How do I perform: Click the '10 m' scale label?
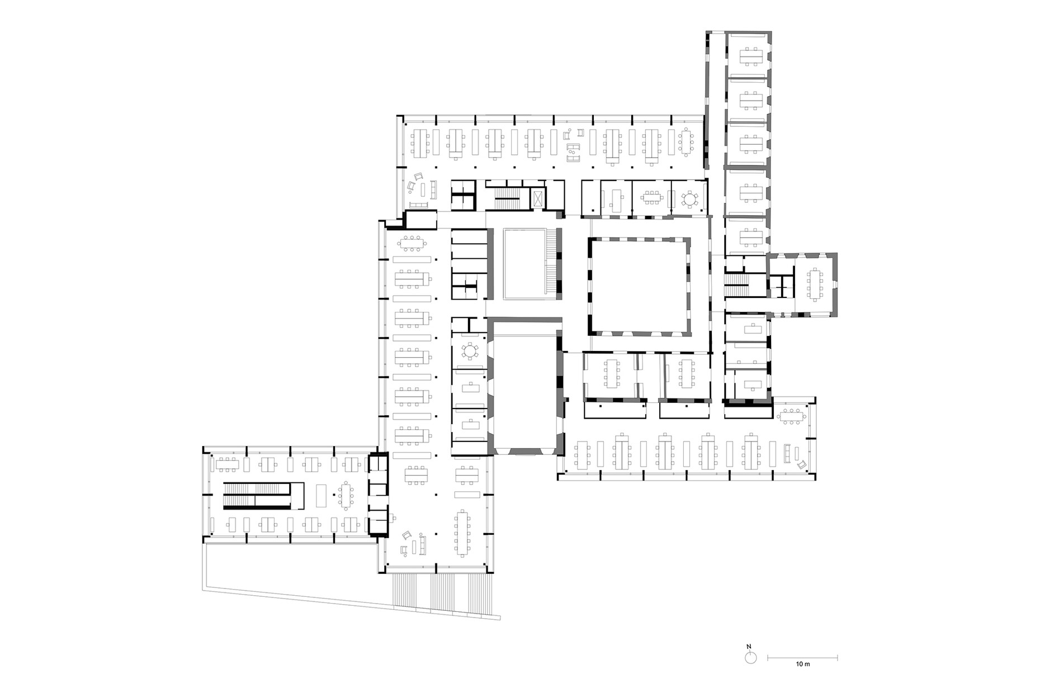click(802, 664)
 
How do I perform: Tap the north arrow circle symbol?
click(751, 658)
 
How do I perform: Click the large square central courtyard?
click(639, 287)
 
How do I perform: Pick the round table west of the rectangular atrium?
click(470, 352)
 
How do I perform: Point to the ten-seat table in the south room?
click(463, 533)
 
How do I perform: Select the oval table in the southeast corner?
click(792, 415)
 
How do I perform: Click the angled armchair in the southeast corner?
click(802, 464)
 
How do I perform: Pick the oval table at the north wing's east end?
click(686, 143)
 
